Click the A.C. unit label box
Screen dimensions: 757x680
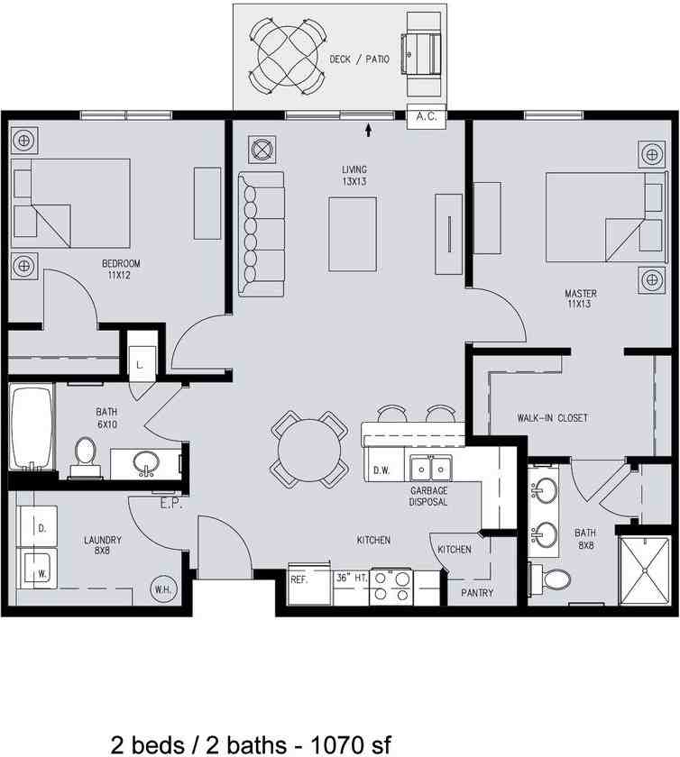click(427, 115)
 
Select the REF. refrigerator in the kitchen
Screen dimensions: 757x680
click(299, 579)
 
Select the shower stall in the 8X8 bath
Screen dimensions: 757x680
click(643, 570)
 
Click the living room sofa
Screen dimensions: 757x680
click(262, 233)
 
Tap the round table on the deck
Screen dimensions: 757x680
click(287, 56)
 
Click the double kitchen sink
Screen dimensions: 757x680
click(430, 469)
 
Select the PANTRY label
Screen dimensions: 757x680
click(476, 592)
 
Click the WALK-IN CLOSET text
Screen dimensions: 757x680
click(552, 417)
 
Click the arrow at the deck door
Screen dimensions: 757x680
click(368, 132)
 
